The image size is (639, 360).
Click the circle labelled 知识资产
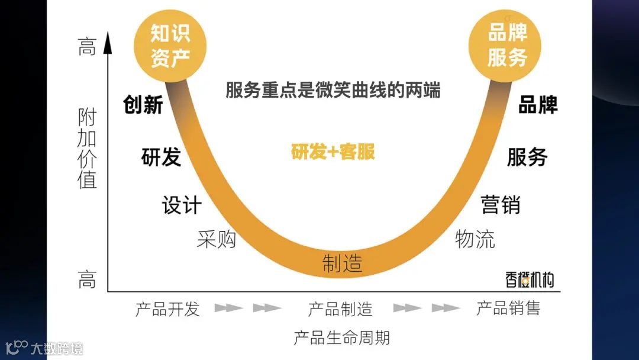click(169, 46)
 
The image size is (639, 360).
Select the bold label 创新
click(143, 105)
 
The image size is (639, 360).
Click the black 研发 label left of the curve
click(161, 157)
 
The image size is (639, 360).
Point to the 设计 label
click(182, 205)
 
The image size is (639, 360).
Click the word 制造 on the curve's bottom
click(342, 263)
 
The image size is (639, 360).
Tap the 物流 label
click(475, 239)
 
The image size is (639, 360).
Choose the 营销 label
click(501, 204)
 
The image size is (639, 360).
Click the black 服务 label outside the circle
click(527, 157)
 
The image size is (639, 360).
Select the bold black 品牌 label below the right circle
click(538, 105)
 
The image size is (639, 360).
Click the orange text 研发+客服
click(333, 152)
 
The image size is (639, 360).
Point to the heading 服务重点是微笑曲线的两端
click(333, 90)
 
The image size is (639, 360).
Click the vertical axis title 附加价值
click(87, 148)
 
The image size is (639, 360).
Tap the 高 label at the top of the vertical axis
click(87, 47)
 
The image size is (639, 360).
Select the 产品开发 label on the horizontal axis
click(167, 309)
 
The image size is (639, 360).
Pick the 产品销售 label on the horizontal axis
click(508, 308)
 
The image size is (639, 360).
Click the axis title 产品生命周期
click(341, 338)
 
